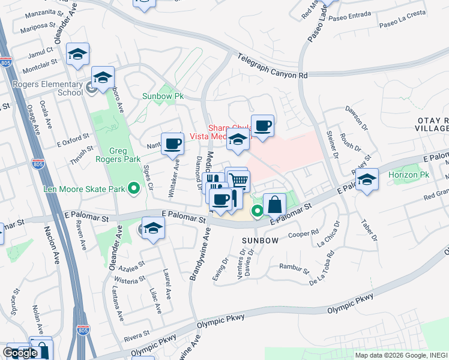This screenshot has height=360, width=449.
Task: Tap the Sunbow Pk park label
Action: click(x=162, y=96)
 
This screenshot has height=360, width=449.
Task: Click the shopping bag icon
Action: click(x=274, y=204)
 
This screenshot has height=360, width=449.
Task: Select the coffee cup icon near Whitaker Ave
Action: click(x=173, y=143)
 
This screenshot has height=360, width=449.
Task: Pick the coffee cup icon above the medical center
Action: click(x=262, y=125)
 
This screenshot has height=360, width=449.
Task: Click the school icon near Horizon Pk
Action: click(x=366, y=180)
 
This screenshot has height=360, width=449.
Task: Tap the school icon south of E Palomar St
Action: click(x=153, y=228)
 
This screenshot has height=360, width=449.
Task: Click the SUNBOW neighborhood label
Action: click(x=260, y=240)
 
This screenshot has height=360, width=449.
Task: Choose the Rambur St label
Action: click(x=293, y=267)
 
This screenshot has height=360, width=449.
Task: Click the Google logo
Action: click(x=20, y=352)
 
